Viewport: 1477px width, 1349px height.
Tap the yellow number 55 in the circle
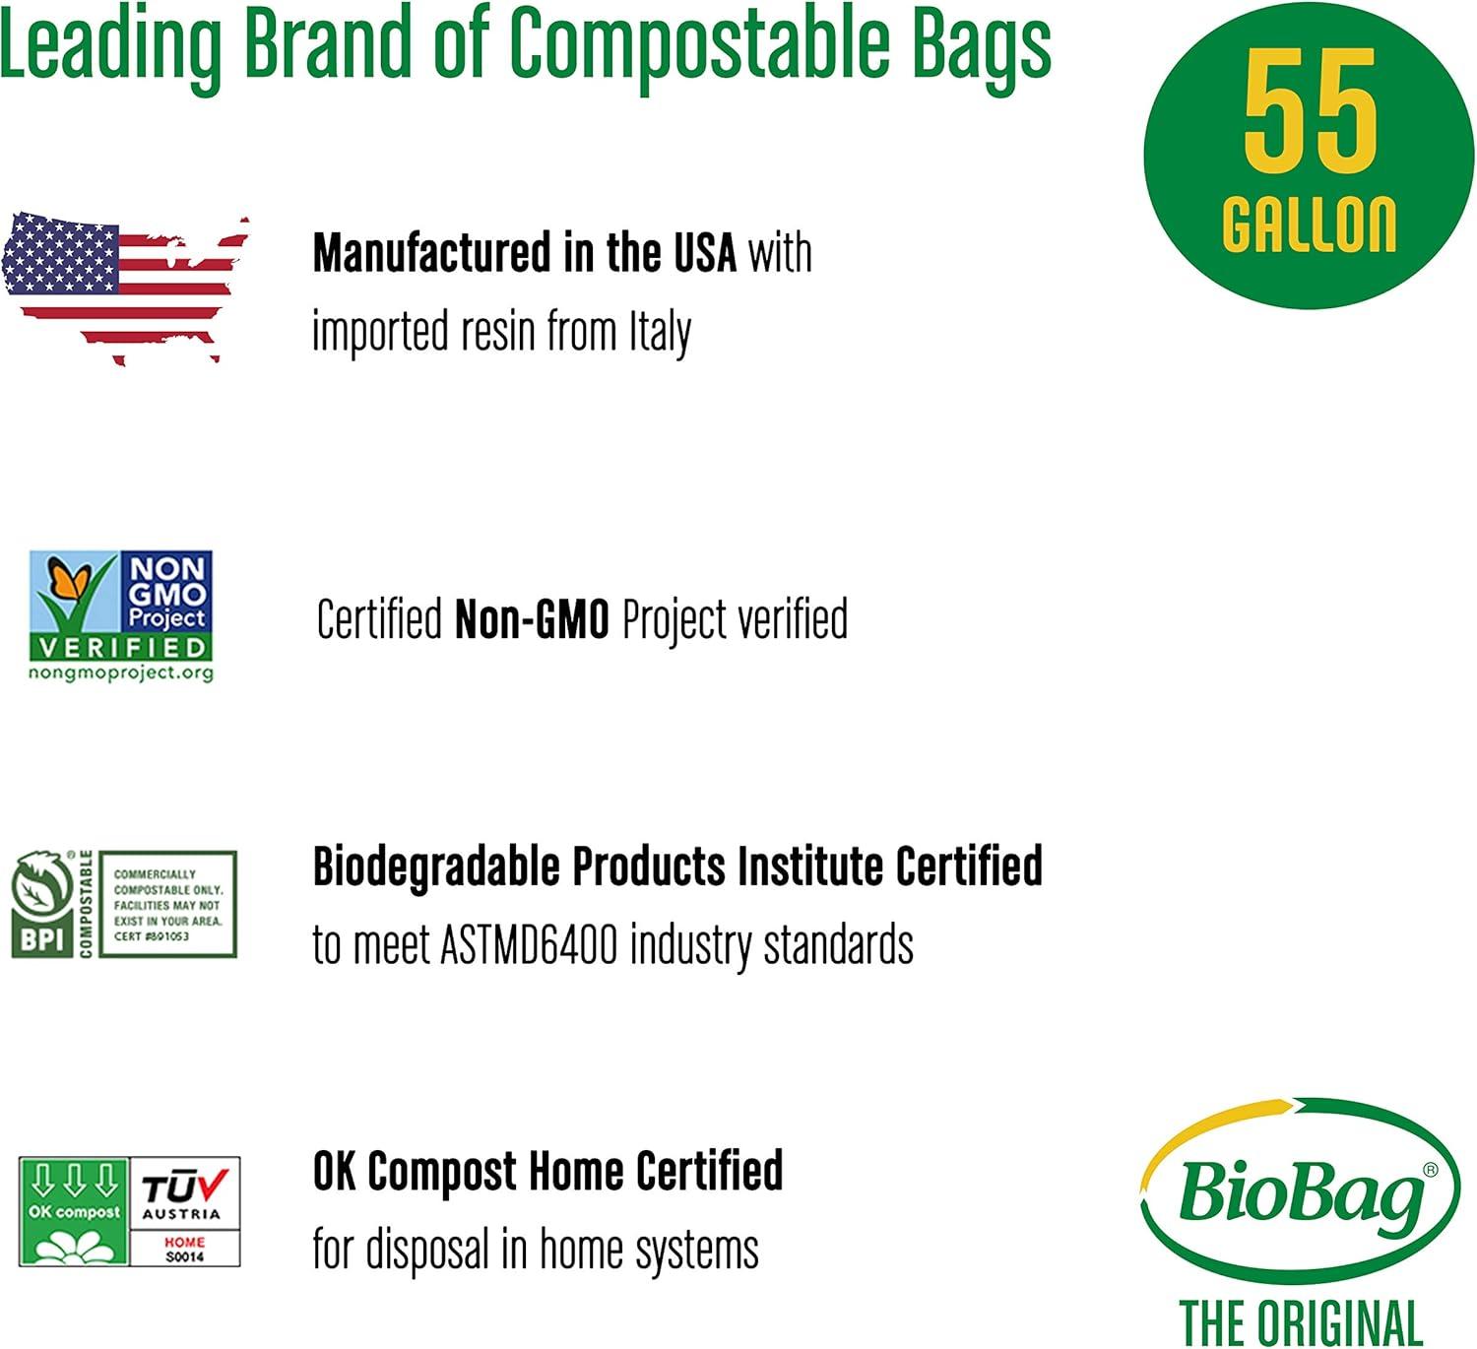point(1309,110)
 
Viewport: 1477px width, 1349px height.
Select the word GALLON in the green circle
point(1309,225)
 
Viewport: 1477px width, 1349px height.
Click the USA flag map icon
point(124,286)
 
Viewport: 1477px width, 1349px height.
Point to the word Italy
point(660,332)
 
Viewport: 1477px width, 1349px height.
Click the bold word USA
point(704,253)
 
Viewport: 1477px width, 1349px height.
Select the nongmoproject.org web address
point(121,673)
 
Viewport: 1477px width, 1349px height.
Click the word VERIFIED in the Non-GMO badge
point(121,647)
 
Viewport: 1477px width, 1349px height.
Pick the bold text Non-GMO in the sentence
point(532,620)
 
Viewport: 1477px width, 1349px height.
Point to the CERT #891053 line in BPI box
point(152,936)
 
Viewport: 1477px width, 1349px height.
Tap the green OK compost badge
point(74,1211)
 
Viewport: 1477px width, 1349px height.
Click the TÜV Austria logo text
point(184,1193)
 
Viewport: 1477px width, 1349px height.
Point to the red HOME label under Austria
point(184,1242)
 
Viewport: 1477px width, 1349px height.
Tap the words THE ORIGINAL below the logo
point(1300,1321)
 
